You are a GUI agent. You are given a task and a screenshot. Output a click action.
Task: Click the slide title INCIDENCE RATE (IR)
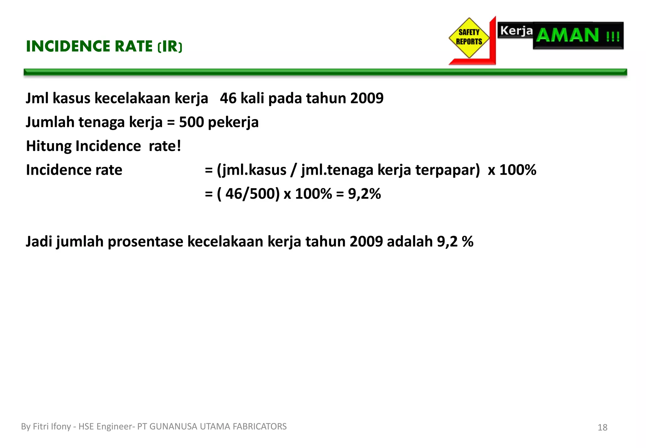(104, 46)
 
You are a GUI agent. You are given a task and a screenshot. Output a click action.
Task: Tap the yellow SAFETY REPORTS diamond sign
(469, 38)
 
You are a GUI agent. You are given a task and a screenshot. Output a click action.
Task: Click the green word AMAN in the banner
(567, 35)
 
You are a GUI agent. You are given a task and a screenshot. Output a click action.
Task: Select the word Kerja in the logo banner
(516, 31)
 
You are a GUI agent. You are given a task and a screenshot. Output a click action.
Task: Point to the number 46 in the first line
(228, 98)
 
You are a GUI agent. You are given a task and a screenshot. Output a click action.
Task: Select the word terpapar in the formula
(447, 170)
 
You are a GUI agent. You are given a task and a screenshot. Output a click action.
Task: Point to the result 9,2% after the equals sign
(364, 194)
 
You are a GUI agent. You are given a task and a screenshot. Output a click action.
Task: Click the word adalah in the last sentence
(409, 242)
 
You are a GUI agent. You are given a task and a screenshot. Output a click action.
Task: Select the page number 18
(602, 427)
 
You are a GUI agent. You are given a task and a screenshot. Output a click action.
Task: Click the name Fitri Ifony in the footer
(52, 427)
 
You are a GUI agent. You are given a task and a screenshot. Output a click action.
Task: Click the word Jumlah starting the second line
(50, 122)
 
